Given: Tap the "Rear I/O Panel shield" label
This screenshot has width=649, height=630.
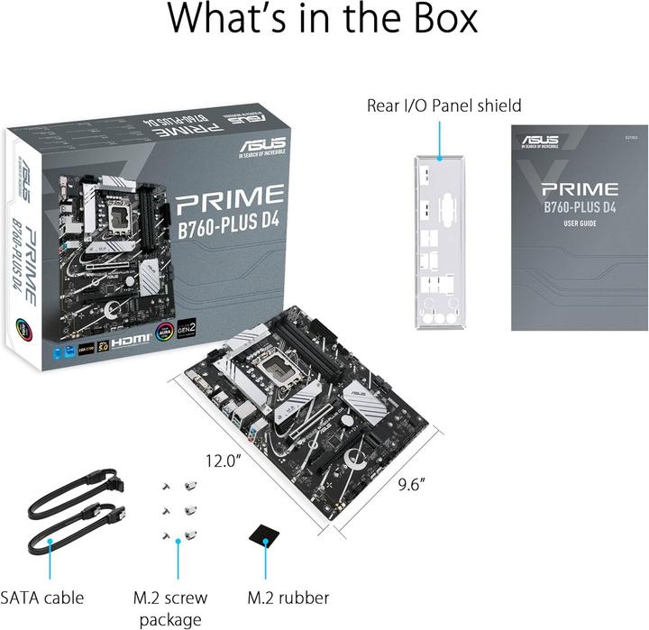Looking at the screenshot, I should (443, 105).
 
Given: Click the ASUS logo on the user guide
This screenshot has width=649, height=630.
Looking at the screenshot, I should (538, 140).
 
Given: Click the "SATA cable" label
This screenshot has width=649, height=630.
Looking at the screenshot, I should (42, 597).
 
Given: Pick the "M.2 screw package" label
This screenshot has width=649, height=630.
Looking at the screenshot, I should (169, 607).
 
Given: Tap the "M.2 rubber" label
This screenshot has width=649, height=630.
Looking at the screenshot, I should (288, 597).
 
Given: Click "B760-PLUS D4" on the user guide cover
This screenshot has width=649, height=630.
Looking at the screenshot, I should (579, 208).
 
